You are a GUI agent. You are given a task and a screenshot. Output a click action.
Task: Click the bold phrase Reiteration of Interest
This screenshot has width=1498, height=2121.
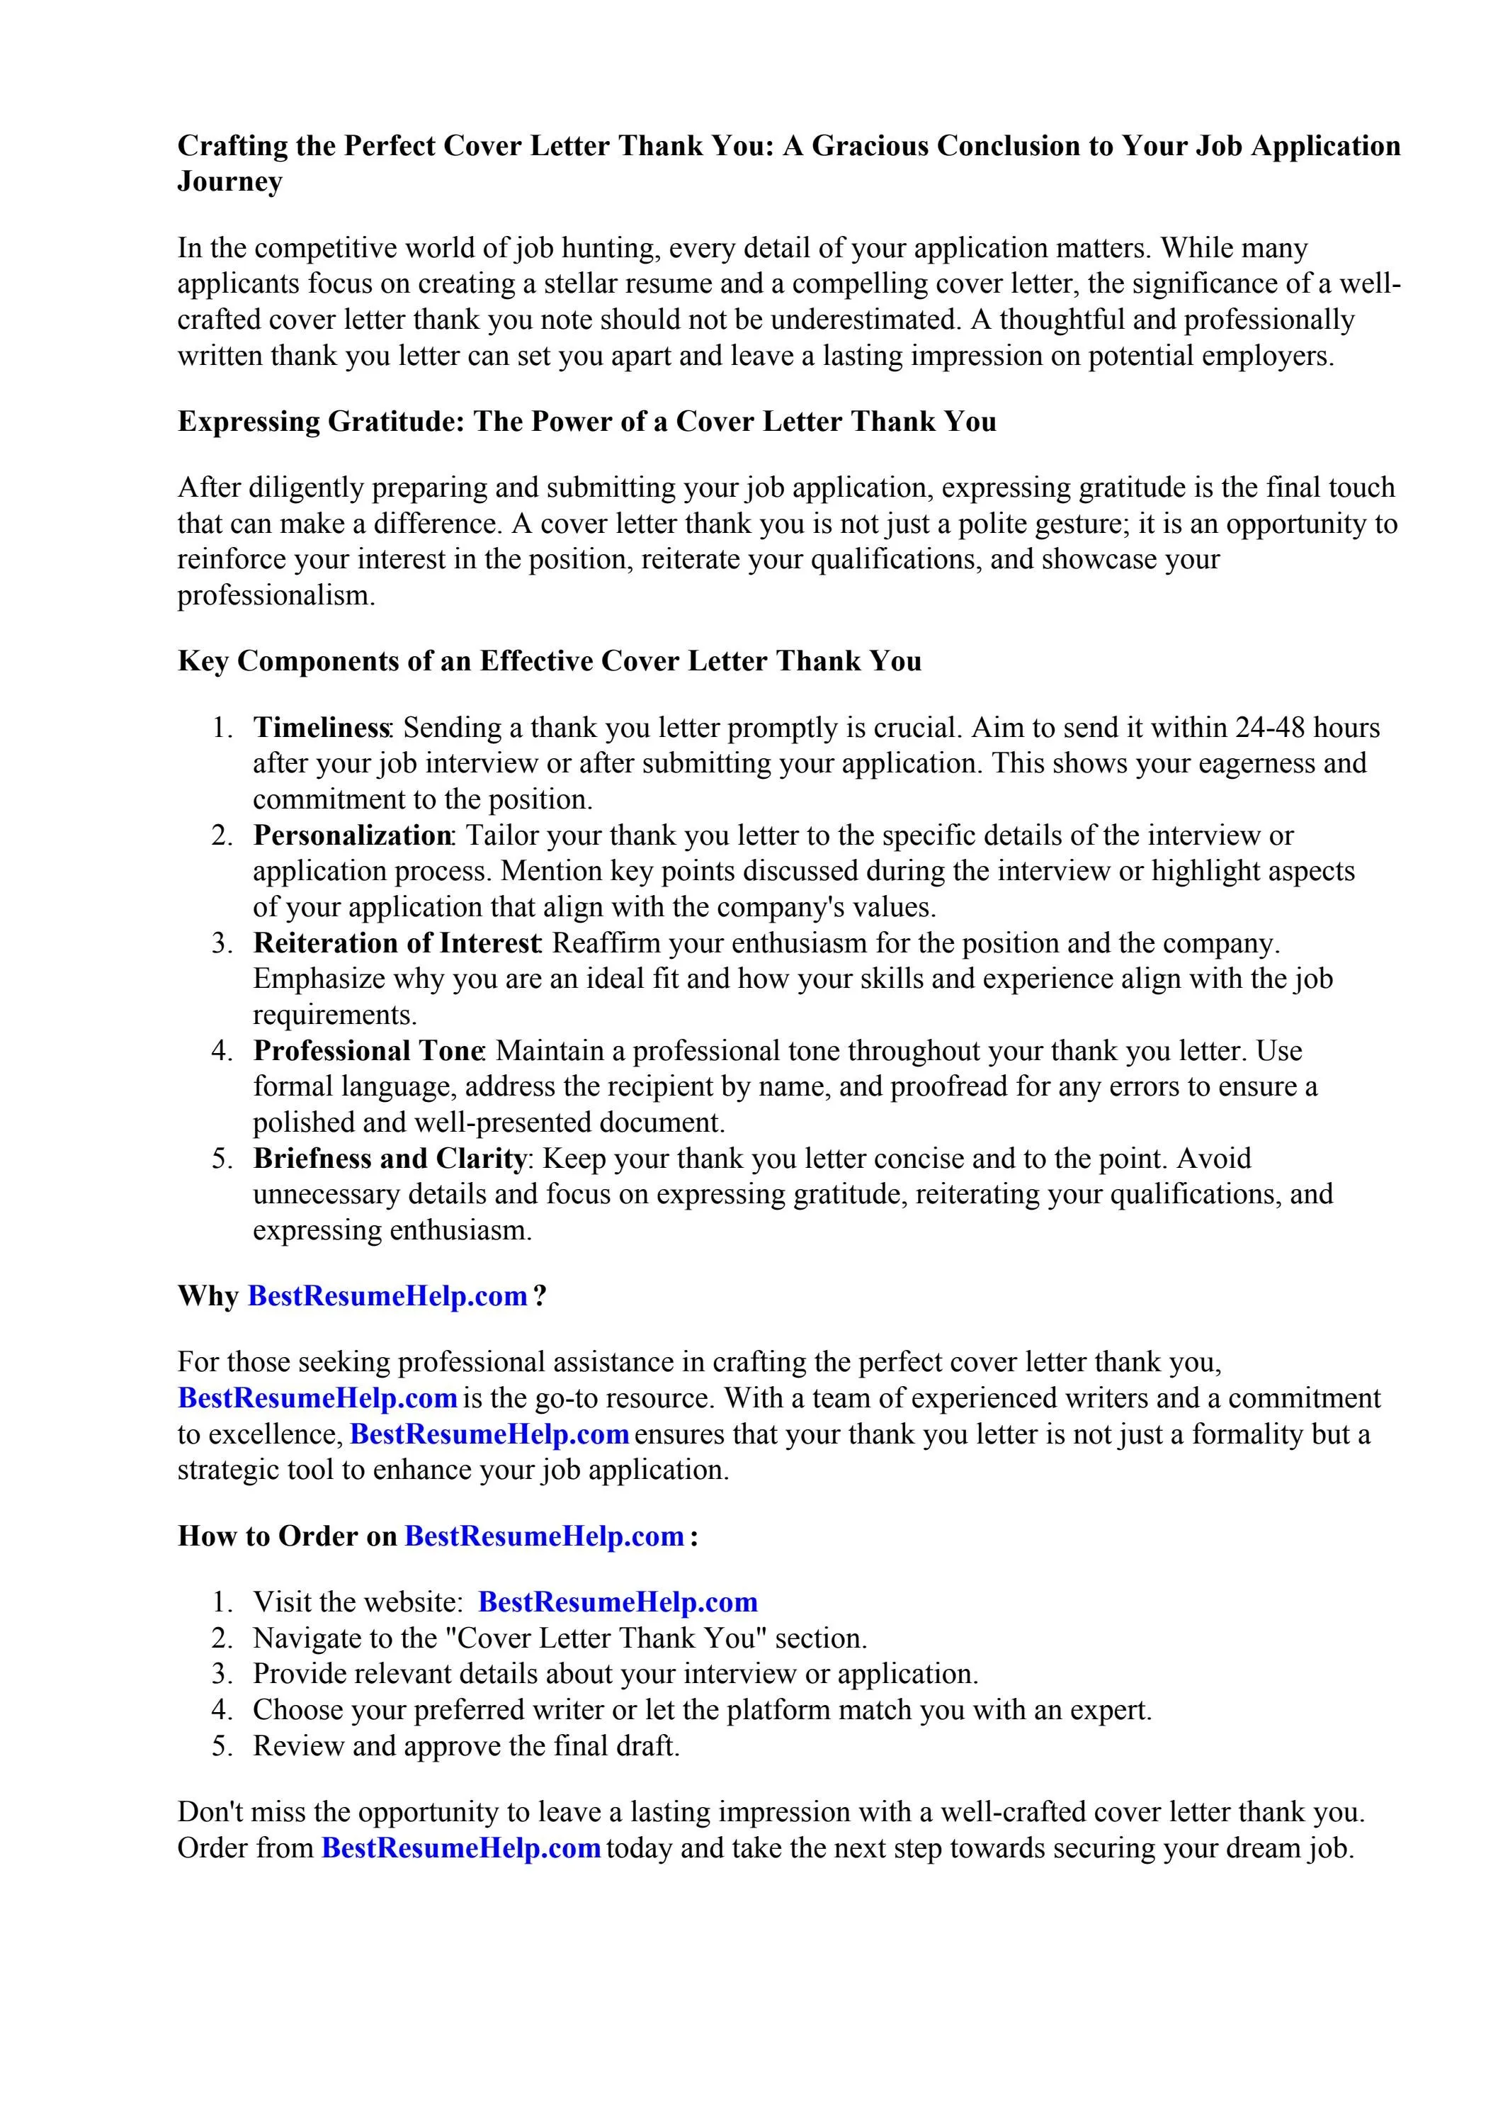tap(396, 943)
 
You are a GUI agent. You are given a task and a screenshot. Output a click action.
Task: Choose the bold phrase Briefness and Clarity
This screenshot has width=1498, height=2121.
tap(390, 1159)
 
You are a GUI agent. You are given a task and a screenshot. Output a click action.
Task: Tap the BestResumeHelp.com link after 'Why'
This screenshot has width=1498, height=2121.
tap(388, 1296)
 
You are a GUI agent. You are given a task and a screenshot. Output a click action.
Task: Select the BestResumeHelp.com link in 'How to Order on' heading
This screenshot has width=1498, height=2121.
tap(545, 1536)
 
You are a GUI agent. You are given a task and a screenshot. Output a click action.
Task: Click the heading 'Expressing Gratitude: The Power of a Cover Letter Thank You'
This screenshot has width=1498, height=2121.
tap(586, 422)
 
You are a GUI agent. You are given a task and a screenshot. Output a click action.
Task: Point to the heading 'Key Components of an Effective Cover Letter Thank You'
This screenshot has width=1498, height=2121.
tap(550, 661)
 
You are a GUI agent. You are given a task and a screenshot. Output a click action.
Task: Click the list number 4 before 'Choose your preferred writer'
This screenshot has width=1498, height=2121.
tap(221, 1710)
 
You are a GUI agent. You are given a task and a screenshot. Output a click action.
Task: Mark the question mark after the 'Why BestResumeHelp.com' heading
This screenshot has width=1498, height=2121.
tap(540, 1296)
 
